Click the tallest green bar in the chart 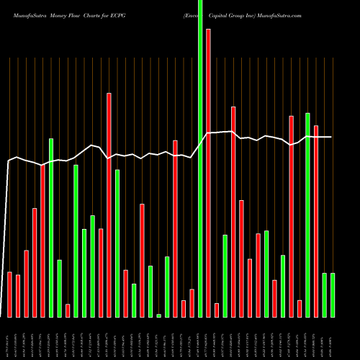[x=200, y=158]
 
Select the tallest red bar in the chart [x=208, y=173]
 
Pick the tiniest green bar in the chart [x=158, y=315]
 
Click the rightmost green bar [x=333, y=295]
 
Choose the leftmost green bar [x=51, y=228]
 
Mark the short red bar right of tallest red [x=217, y=310]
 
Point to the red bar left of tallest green [x=192, y=302]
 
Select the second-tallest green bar [x=307, y=215]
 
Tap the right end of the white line [x=332, y=137]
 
